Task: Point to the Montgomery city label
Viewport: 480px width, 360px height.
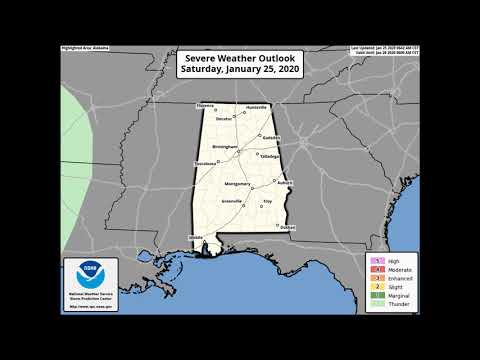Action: coord(237,184)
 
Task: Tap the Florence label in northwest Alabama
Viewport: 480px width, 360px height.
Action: coord(205,105)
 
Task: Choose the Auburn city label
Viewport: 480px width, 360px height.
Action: coord(285,183)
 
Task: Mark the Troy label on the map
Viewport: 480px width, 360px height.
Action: coord(267,203)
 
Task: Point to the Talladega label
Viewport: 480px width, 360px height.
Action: coord(270,156)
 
